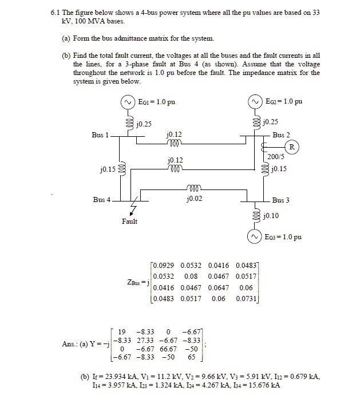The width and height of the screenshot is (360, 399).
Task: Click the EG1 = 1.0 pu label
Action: point(156,102)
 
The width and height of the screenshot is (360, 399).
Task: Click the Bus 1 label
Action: point(100,135)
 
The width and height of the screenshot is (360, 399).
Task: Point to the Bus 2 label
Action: point(281,135)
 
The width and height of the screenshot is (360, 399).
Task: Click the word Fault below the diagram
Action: point(129,221)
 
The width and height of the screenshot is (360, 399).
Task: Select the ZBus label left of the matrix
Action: point(132,282)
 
